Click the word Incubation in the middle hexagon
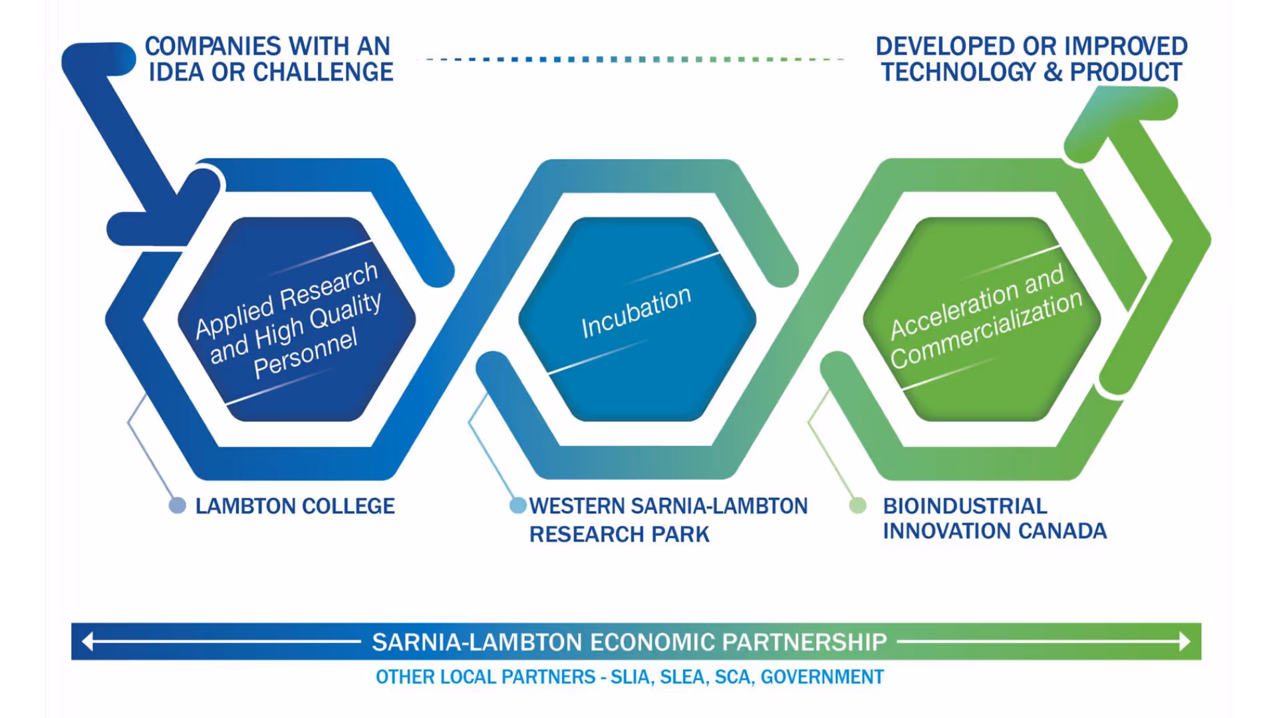tap(636, 312)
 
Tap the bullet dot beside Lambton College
tap(178, 506)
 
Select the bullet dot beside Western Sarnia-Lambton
tap(517, 506)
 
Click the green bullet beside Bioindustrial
tap(858, 506)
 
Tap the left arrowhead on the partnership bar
tap(87, 642)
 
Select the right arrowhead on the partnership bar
tap(1185, 642)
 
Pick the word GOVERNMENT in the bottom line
tap(822, 677)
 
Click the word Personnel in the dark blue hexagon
tap(305, 354)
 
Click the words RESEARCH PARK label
tap(619, 535)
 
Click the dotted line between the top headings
tap(632, 59)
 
